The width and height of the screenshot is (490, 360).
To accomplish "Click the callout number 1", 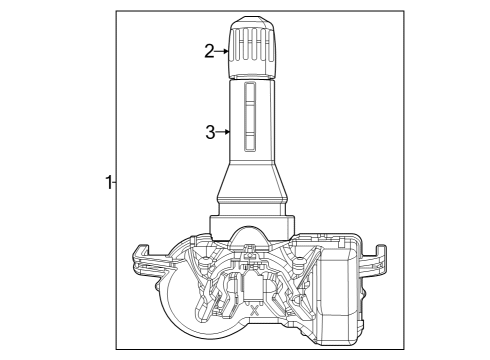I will [108, 182].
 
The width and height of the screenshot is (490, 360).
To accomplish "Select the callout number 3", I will [210, 131].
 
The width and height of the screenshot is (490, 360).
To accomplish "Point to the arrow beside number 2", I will [224, 52].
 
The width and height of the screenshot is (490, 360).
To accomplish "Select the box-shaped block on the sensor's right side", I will [339, 290].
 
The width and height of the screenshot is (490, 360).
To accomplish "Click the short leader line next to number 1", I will [115, 182].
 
